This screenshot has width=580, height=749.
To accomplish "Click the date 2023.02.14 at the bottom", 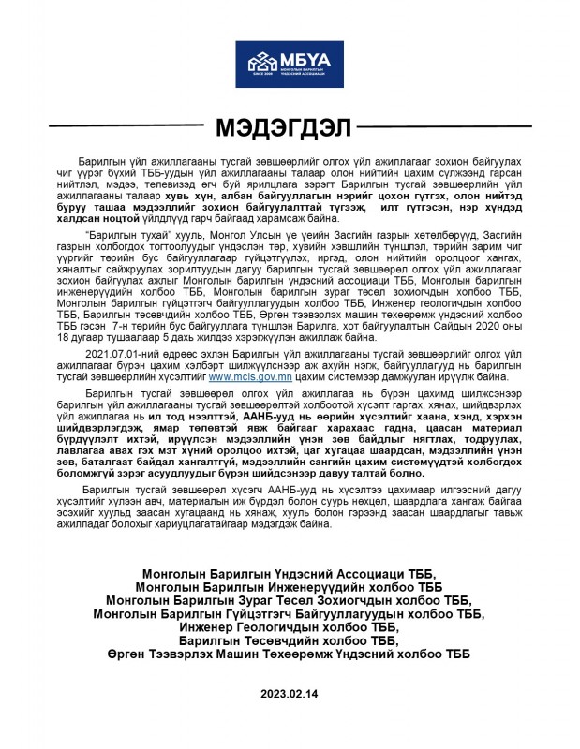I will (289, 694).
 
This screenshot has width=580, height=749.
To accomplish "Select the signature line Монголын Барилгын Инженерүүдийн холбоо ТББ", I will (289, 587).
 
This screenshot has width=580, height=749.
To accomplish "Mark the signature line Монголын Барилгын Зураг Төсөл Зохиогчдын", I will (289, 600).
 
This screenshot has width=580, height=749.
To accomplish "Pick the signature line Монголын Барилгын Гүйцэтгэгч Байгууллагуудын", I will (289, 613).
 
